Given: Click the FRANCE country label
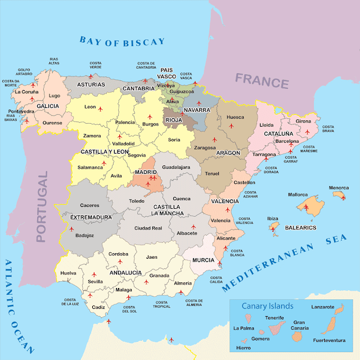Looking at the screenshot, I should pos(262,80).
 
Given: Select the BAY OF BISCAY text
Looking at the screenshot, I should pos(122,41).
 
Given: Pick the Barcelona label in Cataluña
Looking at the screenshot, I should pos(287,142).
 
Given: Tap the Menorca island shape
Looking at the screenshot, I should pos(339,195).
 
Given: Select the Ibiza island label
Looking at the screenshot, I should pos(272,218).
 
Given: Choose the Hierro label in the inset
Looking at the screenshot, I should pos(243,348).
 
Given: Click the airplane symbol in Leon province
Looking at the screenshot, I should pos(101,108).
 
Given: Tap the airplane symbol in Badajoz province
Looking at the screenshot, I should pos(71,229).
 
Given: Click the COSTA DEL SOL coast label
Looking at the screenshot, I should pos(129,309).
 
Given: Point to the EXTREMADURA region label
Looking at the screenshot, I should pos(90,217).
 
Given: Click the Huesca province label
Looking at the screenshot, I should pos(235,118).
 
